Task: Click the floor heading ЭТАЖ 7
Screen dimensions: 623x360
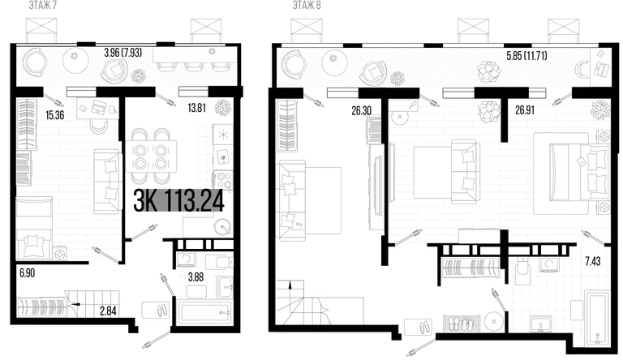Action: click(43, 5)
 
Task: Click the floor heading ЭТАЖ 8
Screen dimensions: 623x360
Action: click(307, 5)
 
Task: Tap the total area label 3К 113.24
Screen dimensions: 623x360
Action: click(178, 200)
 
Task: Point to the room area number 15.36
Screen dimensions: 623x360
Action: click(55, 115)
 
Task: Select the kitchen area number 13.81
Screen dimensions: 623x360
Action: click(196, 107)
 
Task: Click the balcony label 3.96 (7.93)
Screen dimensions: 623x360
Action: click(122, 53)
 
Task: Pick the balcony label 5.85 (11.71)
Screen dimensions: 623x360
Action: click(526, 56)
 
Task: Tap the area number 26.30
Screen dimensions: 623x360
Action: click(362, 110)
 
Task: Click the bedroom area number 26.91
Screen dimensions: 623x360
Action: click(525, 110)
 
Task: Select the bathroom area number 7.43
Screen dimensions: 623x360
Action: click(593, 261)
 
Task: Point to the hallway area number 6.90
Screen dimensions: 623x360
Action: click(27, 273)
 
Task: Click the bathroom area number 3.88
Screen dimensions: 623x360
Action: click(195, 277)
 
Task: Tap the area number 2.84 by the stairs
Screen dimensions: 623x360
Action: click(108, 311)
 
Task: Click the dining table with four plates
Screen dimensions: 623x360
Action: click(151, 156)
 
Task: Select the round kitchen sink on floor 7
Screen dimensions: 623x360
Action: click(222, 227)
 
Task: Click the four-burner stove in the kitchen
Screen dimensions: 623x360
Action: click(223, 180)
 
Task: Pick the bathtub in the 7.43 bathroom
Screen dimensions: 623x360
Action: click(597, 319)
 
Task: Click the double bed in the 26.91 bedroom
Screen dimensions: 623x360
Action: click(579, 173)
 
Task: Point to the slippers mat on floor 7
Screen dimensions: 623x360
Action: click(156, 310)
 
